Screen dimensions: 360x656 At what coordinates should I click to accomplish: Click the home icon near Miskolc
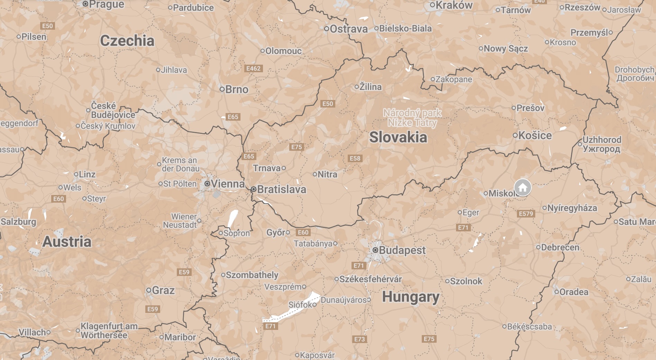click(522, 187)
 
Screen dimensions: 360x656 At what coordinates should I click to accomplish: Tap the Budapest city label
click(402, 250)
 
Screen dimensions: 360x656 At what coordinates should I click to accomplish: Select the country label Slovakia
click(398, 137)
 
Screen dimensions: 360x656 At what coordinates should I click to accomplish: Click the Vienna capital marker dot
click(207, 184)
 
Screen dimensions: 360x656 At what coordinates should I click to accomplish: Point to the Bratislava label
click(281, 189)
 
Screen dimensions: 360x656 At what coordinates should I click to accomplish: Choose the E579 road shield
click(526, 214)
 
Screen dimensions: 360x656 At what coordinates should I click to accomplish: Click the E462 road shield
click(253, 68)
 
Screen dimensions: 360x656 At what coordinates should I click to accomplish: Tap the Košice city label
click(535, 135)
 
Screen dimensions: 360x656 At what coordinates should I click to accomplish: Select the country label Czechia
click(127, 41)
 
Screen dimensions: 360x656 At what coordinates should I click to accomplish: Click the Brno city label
click(237, 89)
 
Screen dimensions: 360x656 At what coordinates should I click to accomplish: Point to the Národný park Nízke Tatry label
click(412, 118)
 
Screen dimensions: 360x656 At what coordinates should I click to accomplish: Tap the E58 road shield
click(355, 158)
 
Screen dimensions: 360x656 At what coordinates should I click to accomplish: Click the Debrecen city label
click(560, 247)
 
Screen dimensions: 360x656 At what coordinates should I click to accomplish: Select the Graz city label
click(163, 290)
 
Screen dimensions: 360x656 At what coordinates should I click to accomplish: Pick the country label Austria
click(67, 241)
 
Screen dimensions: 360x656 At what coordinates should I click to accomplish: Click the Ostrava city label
click(348, 29)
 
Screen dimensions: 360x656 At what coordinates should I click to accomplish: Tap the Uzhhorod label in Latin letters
click(602, 139)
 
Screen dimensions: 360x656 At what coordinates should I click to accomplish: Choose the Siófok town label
click(300, 305)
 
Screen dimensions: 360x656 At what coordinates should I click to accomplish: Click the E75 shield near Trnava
click(297, 147)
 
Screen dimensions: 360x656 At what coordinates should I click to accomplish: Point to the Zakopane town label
click(454, 79)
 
